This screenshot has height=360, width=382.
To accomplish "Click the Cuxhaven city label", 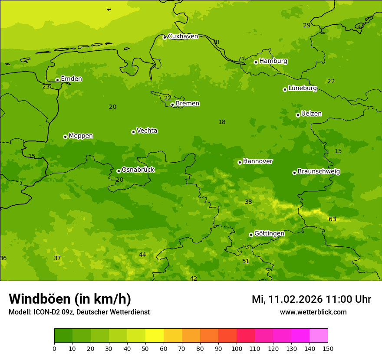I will tap(183, 36).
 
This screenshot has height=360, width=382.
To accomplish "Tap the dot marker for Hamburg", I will tap(256, 62).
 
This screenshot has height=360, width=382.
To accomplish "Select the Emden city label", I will tap(71, 79).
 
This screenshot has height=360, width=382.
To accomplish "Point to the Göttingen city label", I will tap(269, 233).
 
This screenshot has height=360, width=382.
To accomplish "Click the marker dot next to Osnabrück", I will tap(119, 171).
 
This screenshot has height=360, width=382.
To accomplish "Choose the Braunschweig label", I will tap(319, 171).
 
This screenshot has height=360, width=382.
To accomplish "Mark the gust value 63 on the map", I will tap(333, 219).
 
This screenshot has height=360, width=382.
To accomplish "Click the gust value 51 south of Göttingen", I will tap(246, 261).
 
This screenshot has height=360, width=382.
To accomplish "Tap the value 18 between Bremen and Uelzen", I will tap(222, 122).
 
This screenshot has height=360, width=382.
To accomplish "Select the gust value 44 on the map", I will tap(142, 255).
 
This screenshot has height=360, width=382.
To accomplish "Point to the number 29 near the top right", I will tap(306, 25).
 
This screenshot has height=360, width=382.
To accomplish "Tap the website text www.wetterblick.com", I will tap(313, 312).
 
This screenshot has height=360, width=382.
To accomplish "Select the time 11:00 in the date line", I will tap(342, 299).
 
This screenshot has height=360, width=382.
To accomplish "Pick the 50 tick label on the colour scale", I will tap(145, 348).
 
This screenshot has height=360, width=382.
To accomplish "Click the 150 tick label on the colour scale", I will tap(327, 348).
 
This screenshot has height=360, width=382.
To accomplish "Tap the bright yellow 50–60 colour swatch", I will tap(155, 336).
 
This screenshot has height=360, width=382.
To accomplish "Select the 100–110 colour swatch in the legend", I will tap(246, 336).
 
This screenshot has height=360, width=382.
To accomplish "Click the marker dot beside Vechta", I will tap(133, 132).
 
